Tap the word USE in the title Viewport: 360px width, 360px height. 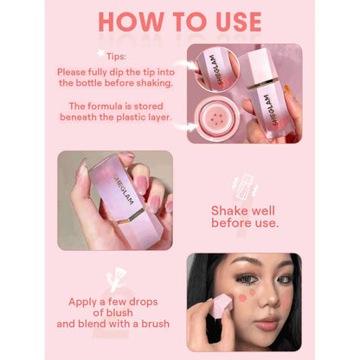(x=239, y=22)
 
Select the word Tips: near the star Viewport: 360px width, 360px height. (x=116, y=56)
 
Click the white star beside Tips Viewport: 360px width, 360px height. (x=101, y=54)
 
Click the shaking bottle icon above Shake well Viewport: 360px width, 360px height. (x=245, y=187)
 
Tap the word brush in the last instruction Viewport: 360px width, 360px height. (x=155, y=324)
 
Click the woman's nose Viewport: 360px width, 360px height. (x=265, y=299)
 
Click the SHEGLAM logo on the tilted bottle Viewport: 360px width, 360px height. (x=125, y=189)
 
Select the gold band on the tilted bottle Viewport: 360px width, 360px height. (x=132, y=215)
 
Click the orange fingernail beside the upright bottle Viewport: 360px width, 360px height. (x=286, y=87)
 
